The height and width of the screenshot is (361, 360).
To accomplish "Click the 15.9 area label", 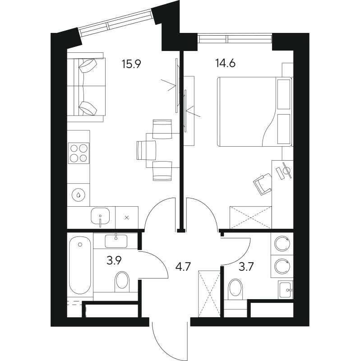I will pyautogui.click(x=131, y=64).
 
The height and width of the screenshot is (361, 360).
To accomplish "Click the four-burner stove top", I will pyautogui.click(x=78, y=153).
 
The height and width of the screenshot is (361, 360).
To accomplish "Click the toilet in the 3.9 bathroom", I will pyautogui.click(x=121, y=282).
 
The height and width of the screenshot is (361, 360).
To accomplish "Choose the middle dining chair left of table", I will pyautogui.click(x=145, y=149).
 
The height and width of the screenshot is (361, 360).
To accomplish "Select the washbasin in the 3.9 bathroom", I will pyautogui.click(x=116, y=241).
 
